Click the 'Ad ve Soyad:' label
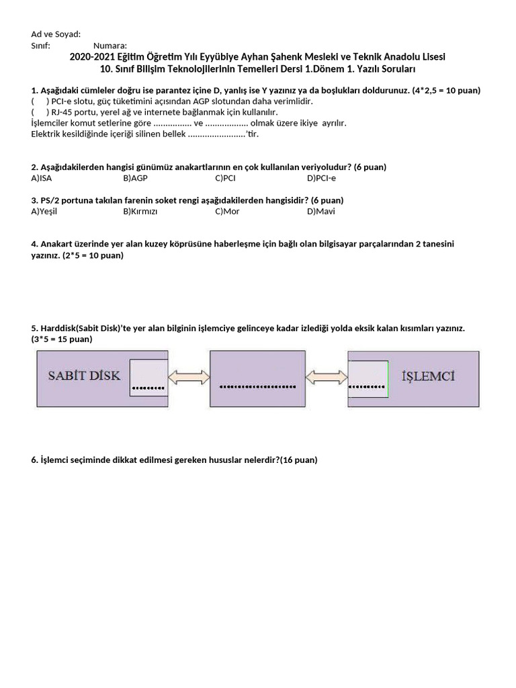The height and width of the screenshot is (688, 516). [56, 34]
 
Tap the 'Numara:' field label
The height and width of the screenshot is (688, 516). [110, 46]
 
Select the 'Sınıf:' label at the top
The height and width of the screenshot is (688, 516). [41, 46]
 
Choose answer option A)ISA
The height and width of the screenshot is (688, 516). [41, 178]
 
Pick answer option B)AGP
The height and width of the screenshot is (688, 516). [135, 178]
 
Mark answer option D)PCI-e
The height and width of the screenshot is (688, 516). [321, 178]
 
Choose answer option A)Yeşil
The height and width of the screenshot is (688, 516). [44, 211]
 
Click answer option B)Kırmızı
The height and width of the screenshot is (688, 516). [140, 211]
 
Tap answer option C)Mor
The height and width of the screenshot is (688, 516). [227, 211]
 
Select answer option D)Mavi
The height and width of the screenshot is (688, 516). [320, 211]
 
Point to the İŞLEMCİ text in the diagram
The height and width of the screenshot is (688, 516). [427, 376]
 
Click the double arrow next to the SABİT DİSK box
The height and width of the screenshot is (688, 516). [189, 378]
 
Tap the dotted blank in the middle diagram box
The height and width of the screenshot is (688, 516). [257, 387]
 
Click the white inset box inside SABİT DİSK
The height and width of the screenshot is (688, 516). [148, 378]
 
